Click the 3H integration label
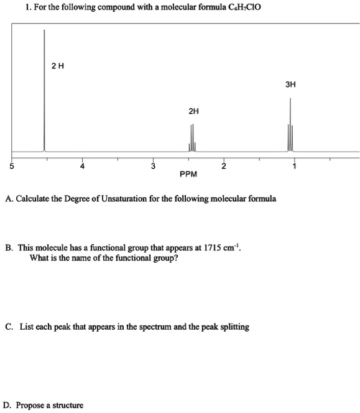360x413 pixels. click(290, 83)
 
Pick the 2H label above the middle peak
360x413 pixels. click(193, 111)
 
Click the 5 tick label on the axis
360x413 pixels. click(10, 165)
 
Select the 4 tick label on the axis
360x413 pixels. click(81, 166)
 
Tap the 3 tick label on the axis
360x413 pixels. click(152, 166)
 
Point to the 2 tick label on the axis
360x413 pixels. click(224, 166)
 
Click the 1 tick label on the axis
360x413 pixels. click(295, 166)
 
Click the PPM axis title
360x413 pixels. click(188, 175)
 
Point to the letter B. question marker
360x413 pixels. click(8, 247)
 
